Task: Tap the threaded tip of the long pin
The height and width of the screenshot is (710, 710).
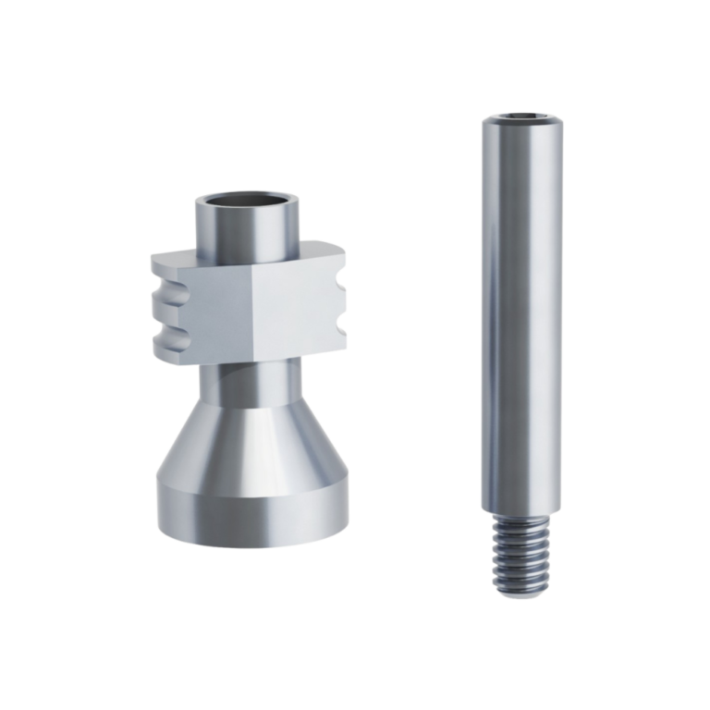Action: tap(513, 555)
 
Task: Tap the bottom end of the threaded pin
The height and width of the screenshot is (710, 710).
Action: tap(514, 593)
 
